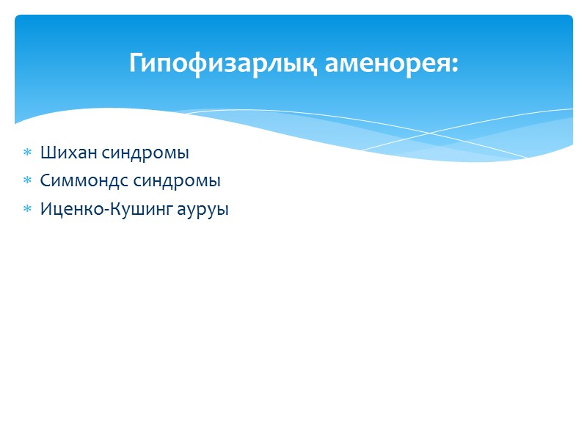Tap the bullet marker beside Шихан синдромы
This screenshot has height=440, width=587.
point(27,154)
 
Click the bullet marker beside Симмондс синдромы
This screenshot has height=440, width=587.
point(27,181)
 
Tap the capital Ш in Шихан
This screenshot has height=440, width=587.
point(47,153)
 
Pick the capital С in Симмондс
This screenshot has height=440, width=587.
point(45,180)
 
